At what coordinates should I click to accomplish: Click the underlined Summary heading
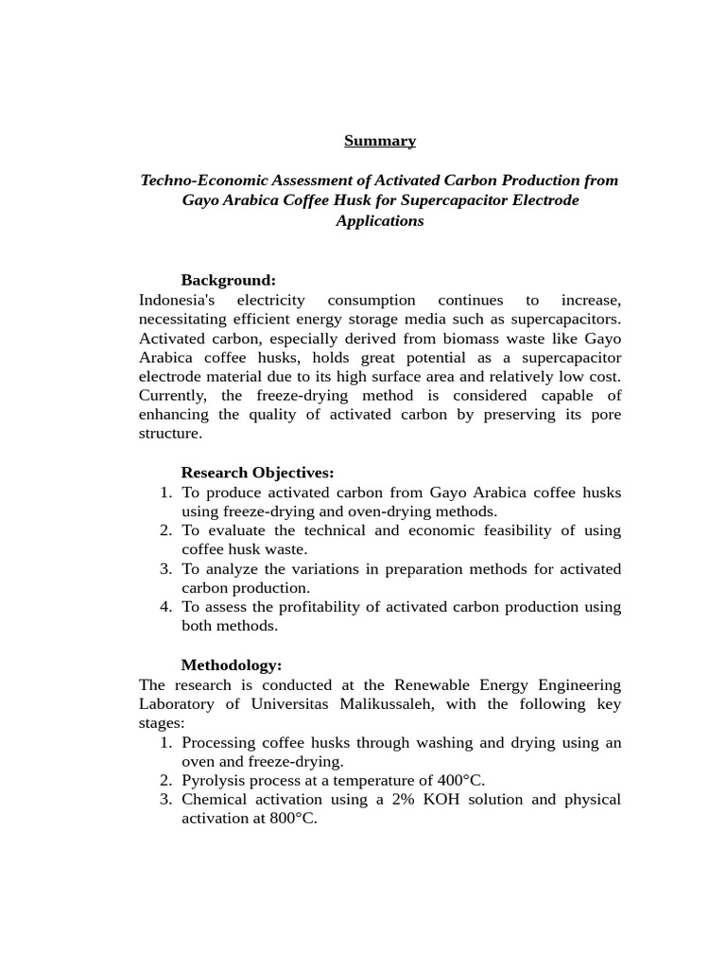[379, 141]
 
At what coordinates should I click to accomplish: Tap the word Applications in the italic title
[379, 220]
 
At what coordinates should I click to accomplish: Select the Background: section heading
[228, 280]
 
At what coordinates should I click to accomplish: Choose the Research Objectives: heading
[257, 473]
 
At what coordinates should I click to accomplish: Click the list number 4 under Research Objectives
[165, 607]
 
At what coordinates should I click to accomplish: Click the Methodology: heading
[232, 665]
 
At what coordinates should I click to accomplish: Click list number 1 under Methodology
[165, 743]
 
